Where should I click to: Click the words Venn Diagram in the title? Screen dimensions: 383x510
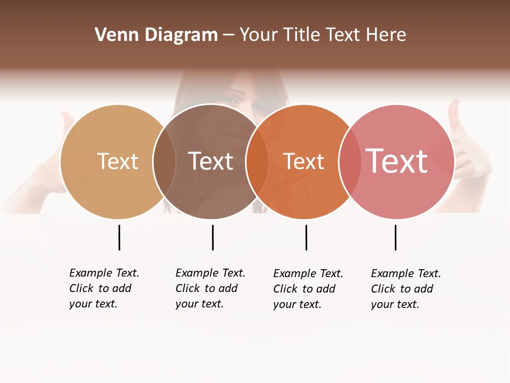coord(156,35)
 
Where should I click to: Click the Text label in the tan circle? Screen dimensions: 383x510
coord(117,161)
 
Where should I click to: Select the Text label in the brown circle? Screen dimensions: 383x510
coord(211,161)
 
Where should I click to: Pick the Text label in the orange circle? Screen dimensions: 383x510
coord(303,162)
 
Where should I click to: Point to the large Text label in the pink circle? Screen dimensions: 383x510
coord(397,161)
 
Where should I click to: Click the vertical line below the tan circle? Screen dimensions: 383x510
coord(119,237)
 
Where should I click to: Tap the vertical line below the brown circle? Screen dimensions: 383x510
coord(212,237)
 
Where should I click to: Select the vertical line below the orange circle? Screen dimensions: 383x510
coord(306,237)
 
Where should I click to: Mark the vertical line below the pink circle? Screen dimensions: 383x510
coord(395,237)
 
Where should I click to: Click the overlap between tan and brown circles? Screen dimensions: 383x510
coord(164,162)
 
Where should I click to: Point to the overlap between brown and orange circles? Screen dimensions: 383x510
coord(257,162)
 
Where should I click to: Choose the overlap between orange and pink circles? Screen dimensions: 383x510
coord(350,162)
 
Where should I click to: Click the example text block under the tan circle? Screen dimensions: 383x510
coord(104,288)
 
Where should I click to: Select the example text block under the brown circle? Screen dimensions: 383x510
coord(210,288)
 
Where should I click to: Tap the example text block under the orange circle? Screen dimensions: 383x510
coord(308,289)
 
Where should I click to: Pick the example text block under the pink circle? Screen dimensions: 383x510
coord(406,289)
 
